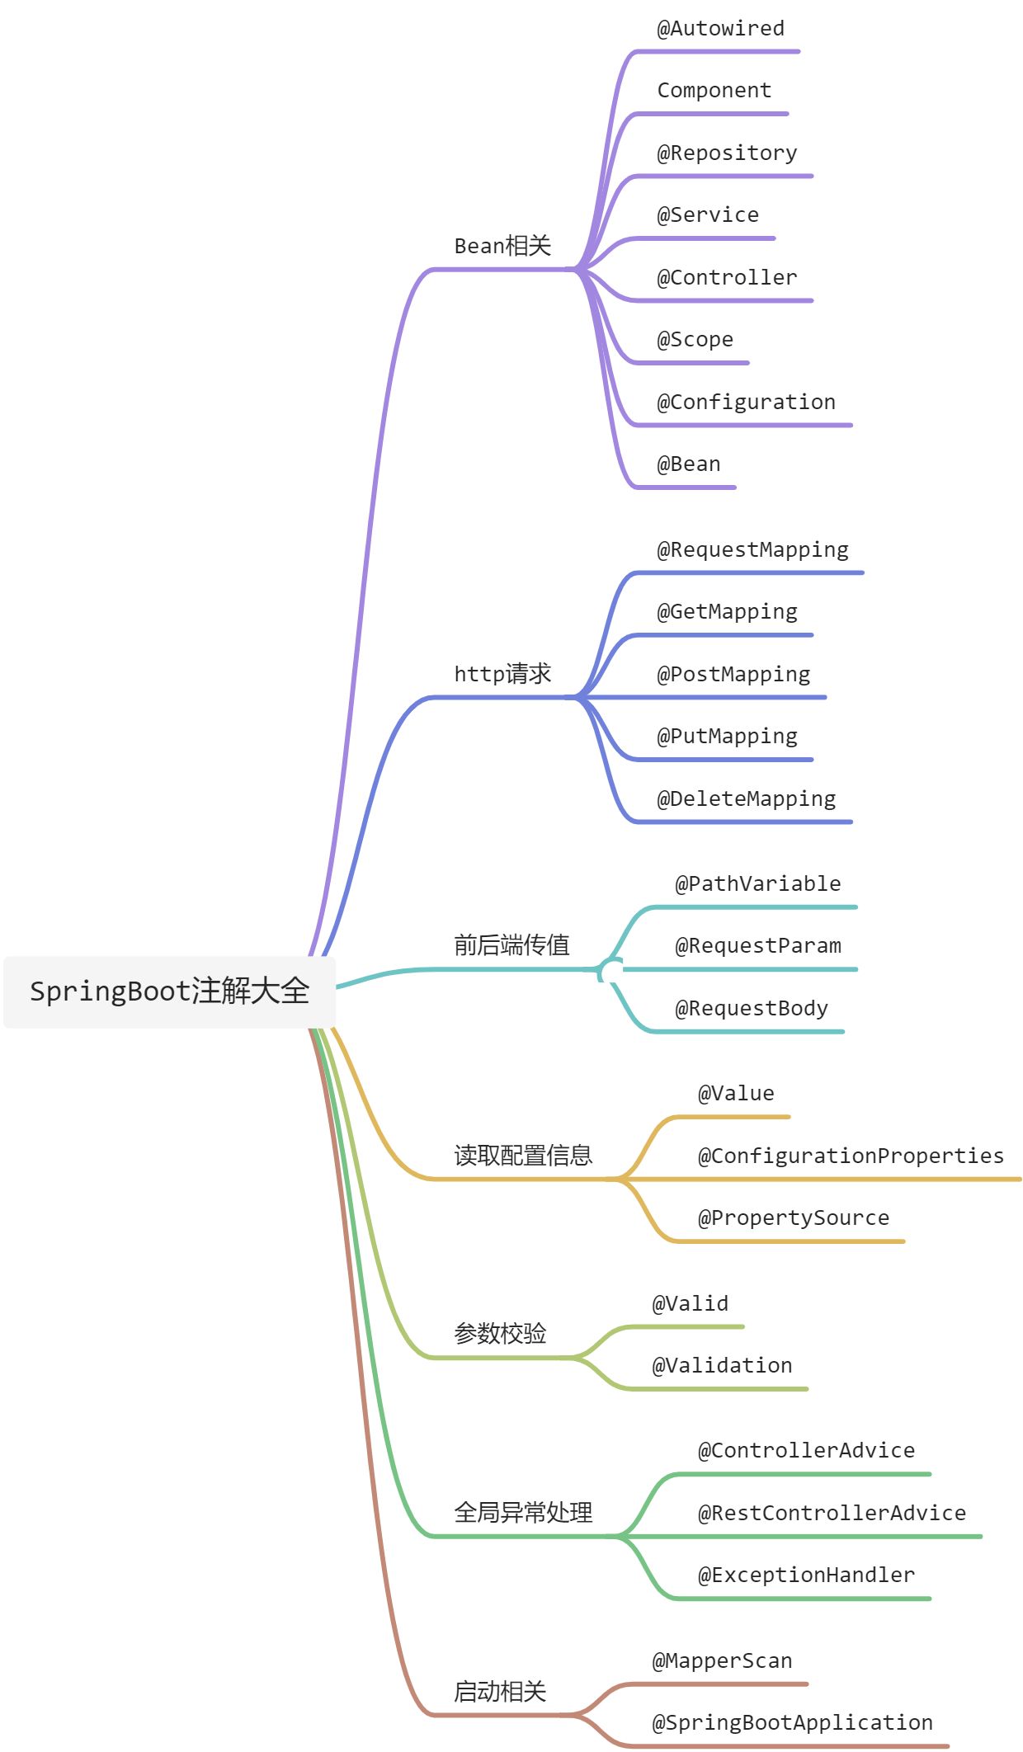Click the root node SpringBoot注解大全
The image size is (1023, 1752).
pyautogui.click(x=169, y=991)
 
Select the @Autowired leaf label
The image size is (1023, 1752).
pyautogui.click(x=720, y=29)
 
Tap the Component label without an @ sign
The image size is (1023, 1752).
pyautogui.click(x=714, y=91)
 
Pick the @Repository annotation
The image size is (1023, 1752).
pyautogui.click(x=727, y=153)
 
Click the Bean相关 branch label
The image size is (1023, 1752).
pyautogui.click(x=502, y=246)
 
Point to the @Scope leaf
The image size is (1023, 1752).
pyautogui.click(x=695, y=340)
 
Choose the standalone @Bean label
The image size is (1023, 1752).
pyautogui.click(x=688, y=464)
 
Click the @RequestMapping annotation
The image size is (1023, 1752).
pyautogui.click(x=752, y=550)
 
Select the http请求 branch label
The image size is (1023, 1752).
pyautogui.click(x=502, y=674)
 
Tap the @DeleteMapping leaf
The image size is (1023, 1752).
pyautogui.click(x=746, y=799)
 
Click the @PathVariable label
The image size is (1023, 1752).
pyautogui.click(x=758, y=884)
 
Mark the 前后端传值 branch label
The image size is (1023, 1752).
pyautogui.click(x=511, y=945)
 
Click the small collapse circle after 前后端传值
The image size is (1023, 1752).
pyautogui.click(x=610, y=972)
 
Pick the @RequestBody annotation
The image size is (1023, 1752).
pyautogui.click(x=752, y=1009)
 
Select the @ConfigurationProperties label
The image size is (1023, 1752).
pyautogui.click(x=851, y=1156)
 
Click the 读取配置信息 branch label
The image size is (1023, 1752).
pyautogui.click(x=523, y=1156)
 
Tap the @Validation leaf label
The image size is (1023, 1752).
pyautogui.click(x=722, y=1366)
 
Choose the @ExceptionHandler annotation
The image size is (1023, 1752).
pyautogui.click(x=806, y=1575)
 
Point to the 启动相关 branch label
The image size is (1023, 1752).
pyautogui.click(x=500, y=1692)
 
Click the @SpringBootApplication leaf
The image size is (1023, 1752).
pyautogui.click(x=792, y=1723)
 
